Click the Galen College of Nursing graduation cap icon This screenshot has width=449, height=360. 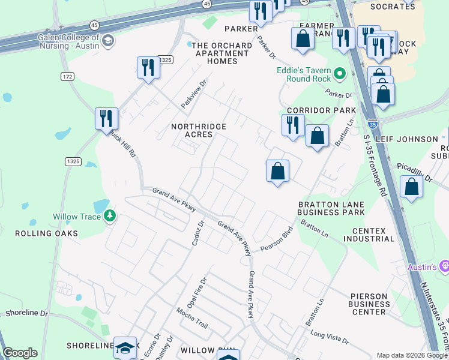108,41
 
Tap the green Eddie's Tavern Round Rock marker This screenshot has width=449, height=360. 340,74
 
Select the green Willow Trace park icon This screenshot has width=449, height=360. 109,216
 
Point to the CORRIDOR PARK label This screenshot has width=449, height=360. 321,110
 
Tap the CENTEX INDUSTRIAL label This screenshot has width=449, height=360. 369,235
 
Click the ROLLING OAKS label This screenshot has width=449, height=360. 46,233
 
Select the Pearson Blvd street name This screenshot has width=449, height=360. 277,239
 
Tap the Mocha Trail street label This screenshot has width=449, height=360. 191,318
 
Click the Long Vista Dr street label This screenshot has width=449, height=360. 329,336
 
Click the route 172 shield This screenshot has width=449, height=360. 67,76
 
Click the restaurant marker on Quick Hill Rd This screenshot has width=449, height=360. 106,118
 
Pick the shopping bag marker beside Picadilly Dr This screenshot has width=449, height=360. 411,187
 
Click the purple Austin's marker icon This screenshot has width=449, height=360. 444,265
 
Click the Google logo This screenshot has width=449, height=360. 20,353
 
